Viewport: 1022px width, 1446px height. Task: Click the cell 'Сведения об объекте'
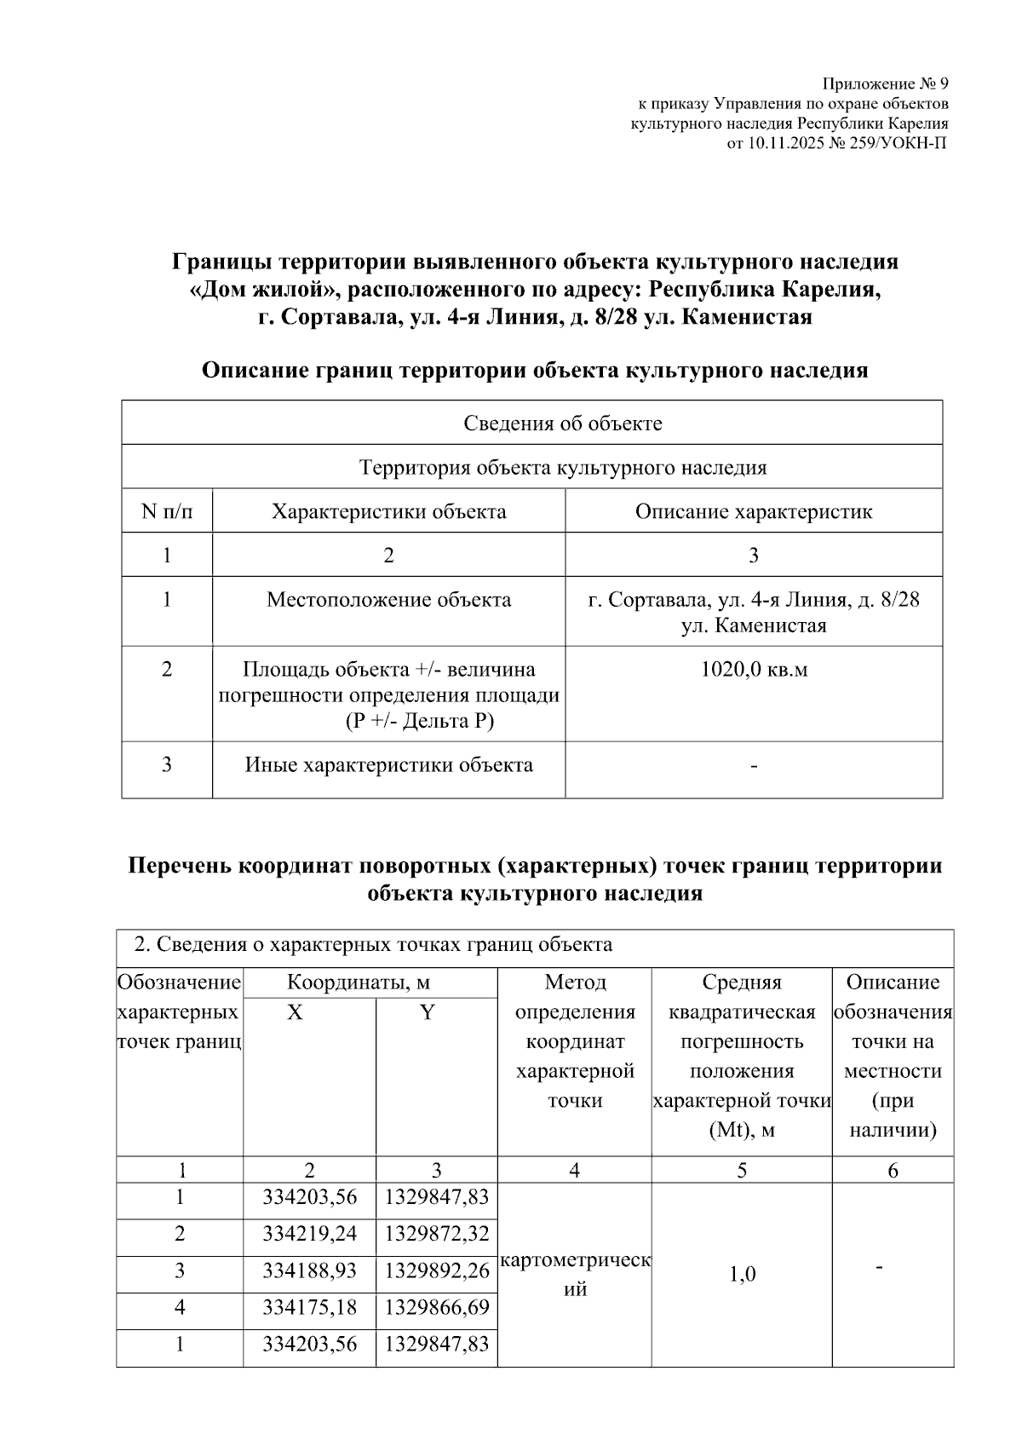coord(562,423)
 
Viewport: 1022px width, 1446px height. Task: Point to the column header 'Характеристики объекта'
coord(388,511)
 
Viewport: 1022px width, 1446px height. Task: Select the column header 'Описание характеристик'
coord(753,511)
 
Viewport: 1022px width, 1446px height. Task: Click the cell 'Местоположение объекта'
coord(388,599)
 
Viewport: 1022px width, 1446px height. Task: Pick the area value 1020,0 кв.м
coord(753,669)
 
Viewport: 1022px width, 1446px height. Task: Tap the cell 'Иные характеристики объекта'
coord(388,764)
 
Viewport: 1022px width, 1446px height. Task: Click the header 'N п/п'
coord(166,511)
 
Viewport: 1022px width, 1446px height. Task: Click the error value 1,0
coord(741,1275)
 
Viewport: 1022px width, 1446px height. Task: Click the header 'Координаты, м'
coord(358,982)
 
